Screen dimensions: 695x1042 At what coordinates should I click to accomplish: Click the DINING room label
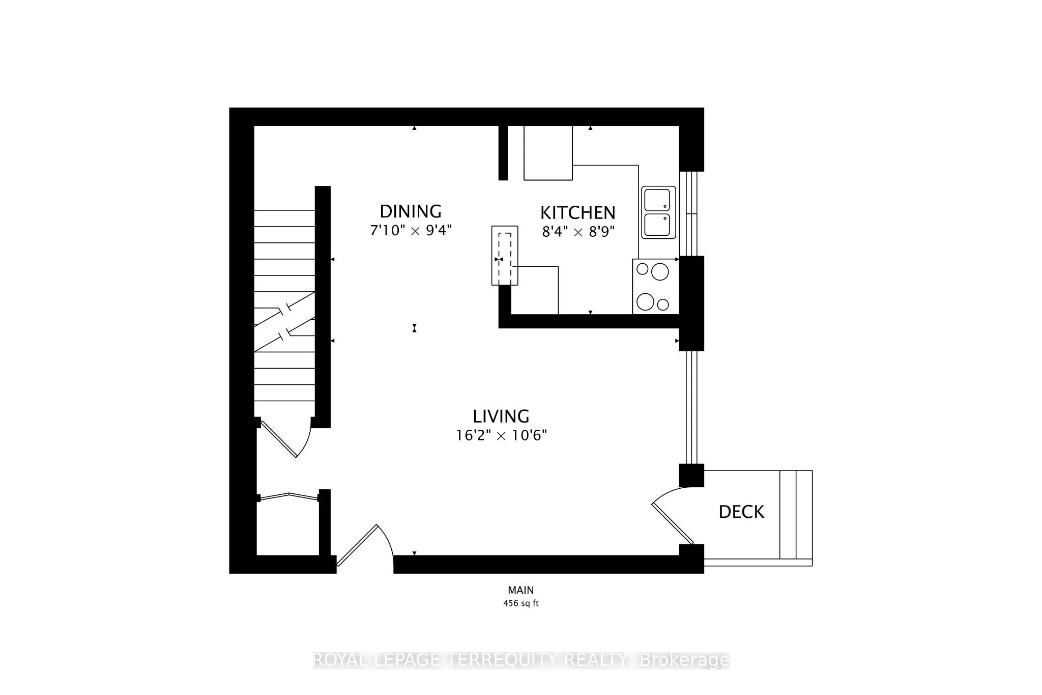click(x=411, y=211)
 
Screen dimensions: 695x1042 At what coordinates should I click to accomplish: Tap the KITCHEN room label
click(x=577, y=212)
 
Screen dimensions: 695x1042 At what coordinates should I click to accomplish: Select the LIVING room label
click(x=501, y=416)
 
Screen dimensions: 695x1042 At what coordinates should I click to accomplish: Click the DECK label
click(x=741, y=512)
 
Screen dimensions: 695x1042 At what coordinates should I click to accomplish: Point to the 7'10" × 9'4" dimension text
click(x=411, y=231)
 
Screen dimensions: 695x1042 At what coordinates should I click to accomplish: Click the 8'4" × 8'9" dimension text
click(x=578, y=232)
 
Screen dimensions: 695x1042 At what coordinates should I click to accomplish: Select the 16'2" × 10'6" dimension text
click(x=501, y=436)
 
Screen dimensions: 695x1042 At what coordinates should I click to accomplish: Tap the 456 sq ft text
click(x=520, y=603)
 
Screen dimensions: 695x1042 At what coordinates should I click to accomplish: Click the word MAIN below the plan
click(x=520, y=590)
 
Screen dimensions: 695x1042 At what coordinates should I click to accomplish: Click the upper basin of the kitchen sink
click(x=657, y=200)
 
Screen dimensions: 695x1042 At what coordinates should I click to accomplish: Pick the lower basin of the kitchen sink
click(x=657, y=225)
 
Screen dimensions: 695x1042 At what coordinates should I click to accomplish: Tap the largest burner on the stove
click(x=660, y=271)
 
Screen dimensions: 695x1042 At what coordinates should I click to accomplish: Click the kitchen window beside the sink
click(x=691, y=213)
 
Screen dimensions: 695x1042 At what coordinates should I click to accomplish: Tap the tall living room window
click(x=691, y=407)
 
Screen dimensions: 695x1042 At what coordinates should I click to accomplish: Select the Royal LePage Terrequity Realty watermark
click(x=520, y=660)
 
